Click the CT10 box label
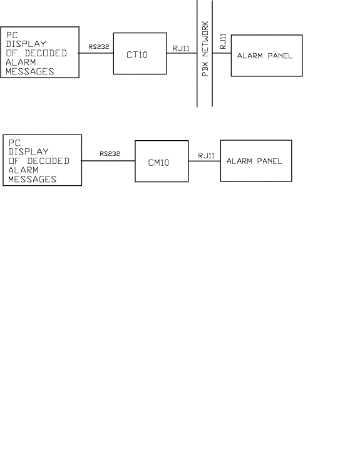click(x=137, y=54)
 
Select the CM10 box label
click(x=158, y=163)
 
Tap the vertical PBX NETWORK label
click(x=205, y=48)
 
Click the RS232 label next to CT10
click(x=99, y=46)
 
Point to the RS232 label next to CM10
click(x=110, y=153)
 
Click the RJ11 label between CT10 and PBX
click(x=181, y=48)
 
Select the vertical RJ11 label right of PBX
click(x=223, y=41)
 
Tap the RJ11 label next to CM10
click(x=207, y=156)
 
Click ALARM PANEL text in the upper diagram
click(x=265, y=56)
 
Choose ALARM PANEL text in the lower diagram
click(x=254, y=161)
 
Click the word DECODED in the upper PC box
click(x=46, y=53)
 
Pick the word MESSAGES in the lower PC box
click(x=32, y=180)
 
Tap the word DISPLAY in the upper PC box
click(x=26, y=44)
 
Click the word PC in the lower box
click(x=14, y=143)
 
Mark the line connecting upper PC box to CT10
click(x=96, y=53)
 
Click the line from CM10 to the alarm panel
click(x=204, y=161)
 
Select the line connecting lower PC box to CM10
click(x=108, y=161)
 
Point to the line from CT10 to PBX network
click(x=182, y=53)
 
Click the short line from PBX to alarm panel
click(x=222, y=53)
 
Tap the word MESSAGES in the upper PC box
click(x=29, y=71)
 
